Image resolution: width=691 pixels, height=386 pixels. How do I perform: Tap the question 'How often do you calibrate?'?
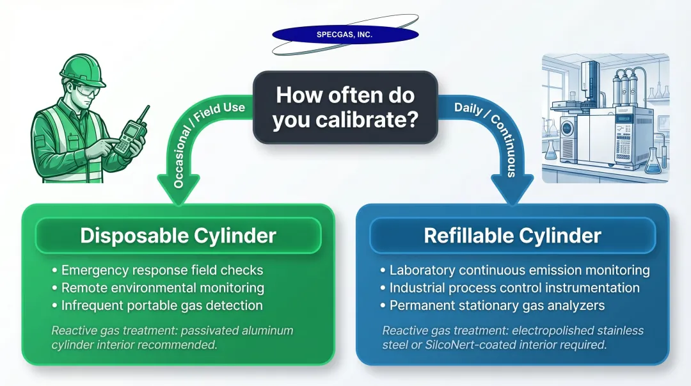345,107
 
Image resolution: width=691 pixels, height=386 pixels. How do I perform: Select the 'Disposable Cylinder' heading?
178,235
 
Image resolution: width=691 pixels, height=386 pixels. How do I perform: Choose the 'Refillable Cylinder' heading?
512,235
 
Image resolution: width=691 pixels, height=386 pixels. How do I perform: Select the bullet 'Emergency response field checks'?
162,271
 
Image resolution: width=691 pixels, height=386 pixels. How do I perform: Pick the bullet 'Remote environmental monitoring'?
163,288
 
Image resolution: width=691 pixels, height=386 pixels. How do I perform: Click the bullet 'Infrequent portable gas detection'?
162,305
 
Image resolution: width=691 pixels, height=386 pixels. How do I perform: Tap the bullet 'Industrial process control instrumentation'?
514,288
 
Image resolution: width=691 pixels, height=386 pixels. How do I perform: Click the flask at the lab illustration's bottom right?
652,161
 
